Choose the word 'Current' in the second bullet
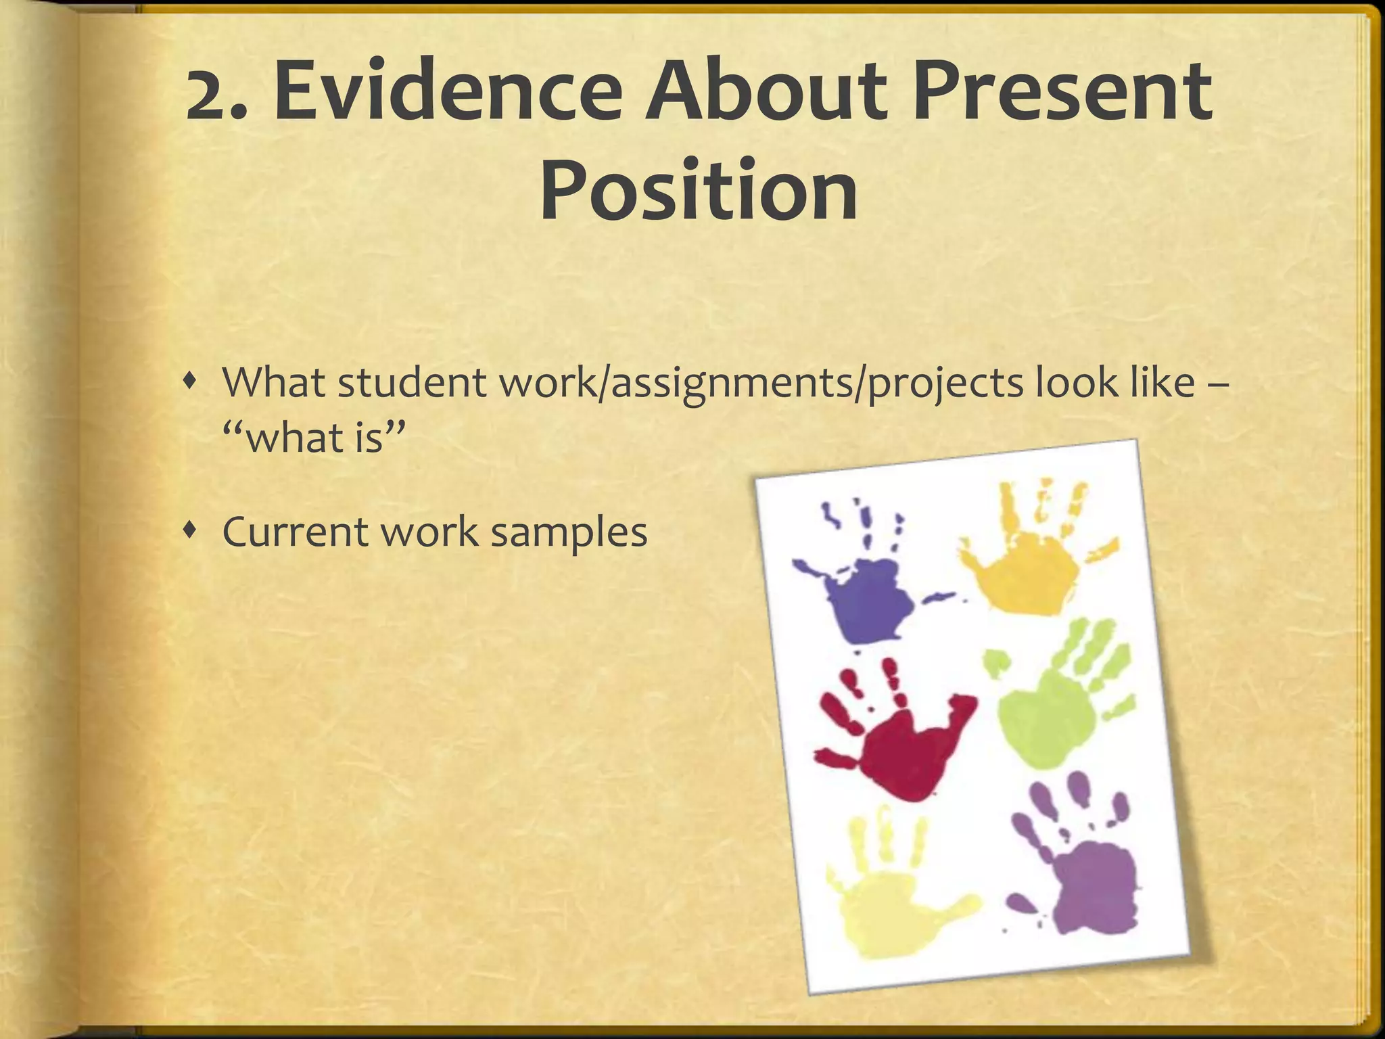tap(294, 532)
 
